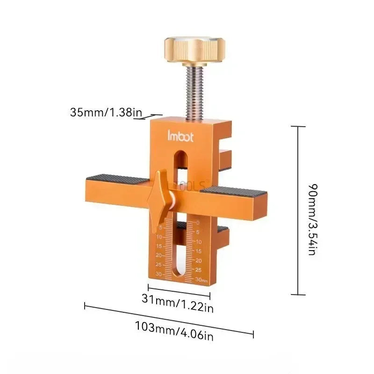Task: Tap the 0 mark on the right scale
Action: tap(198, 223)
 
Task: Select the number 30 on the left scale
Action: tap(158, 274)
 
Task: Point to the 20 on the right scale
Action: tap(199, 260)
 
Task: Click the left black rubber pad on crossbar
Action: tap(117, 179)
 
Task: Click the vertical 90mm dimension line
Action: tap(298, 210)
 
